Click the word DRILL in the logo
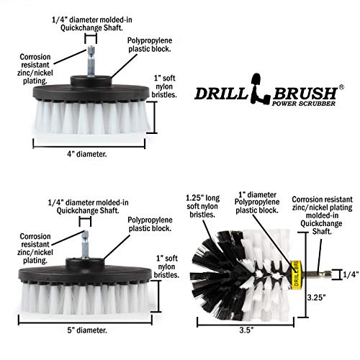[x=220, y=94]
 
